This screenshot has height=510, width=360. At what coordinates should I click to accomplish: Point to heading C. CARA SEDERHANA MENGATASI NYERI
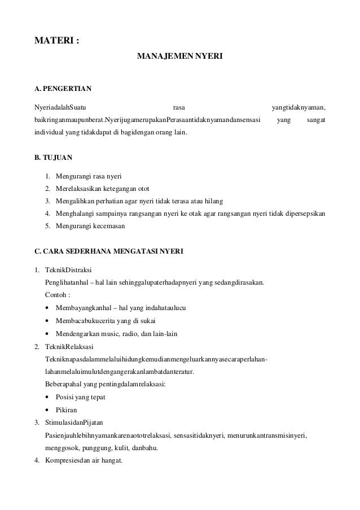pyautogui.click(x=109, y=250)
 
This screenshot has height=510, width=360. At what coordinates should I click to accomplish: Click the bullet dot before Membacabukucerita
pyautogui.click(x=46, y=321)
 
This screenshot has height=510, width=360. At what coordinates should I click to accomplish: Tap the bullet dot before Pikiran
pyautogui.click(x=46, y=409)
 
